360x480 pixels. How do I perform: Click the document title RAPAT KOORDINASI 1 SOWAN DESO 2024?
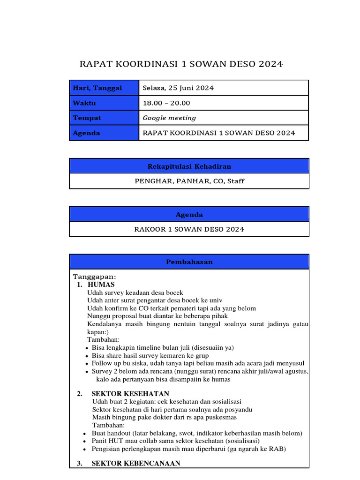181,64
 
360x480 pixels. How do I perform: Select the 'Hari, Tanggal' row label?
97,88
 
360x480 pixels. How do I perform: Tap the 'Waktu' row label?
84,103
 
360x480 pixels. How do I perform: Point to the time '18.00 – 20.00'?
166,103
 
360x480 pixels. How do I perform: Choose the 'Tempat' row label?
87,118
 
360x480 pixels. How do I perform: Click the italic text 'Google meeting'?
169,118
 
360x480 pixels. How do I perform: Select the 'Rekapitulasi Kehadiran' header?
189,166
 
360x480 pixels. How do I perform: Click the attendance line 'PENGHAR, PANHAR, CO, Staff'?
189,181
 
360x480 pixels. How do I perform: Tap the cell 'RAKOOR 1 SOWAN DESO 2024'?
189,229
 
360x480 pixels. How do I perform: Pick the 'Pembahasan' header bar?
189,262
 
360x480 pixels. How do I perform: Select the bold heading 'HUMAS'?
101,285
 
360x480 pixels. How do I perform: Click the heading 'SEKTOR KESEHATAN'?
130,394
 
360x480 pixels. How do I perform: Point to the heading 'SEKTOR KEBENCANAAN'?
136,464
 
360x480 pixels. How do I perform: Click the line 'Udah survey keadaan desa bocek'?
135,292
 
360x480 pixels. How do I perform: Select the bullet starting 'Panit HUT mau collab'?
175,441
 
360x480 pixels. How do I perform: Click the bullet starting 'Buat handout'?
197,433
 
